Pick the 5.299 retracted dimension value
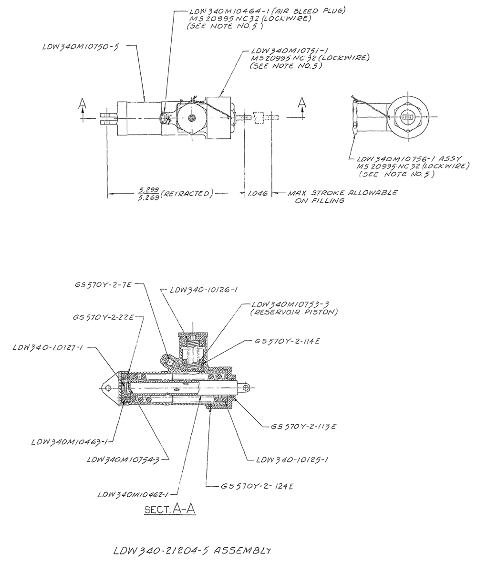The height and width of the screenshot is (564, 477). tap(147, 190)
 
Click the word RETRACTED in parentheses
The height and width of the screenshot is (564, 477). tap(186, 194)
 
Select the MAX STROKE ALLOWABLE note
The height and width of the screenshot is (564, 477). tap(342, 193)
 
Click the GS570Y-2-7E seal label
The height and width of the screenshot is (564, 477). tap(103, 284)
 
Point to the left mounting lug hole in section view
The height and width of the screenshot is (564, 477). tap(107, 389)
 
